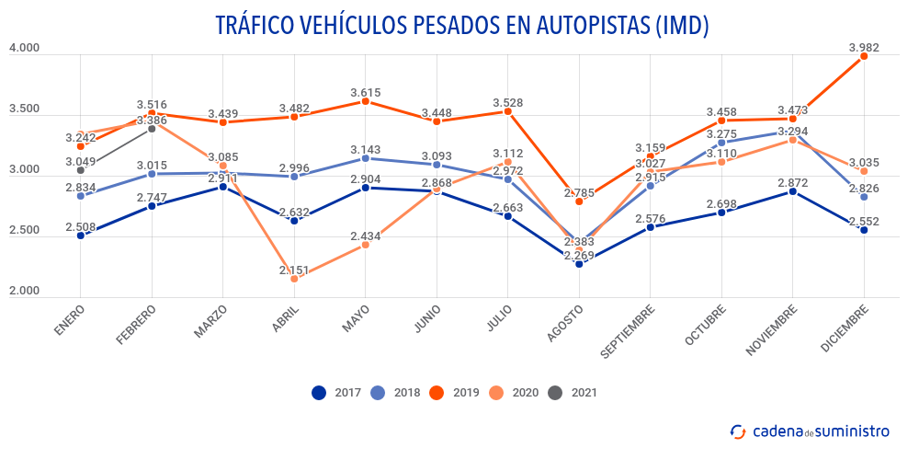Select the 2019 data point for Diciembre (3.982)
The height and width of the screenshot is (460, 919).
864,56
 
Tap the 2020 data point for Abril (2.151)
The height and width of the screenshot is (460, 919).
294,278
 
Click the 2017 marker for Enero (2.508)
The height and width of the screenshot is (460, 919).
81,236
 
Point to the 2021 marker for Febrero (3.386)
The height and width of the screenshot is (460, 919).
152,129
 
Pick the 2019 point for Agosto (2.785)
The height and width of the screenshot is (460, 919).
579,201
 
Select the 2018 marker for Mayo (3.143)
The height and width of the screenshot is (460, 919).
366,158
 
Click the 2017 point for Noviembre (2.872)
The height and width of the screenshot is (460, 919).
792,191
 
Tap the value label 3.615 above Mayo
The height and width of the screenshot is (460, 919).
366,93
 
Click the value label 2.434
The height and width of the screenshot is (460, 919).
366,236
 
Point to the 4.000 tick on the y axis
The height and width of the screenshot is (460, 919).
24,48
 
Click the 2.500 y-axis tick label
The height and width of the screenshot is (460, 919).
24,231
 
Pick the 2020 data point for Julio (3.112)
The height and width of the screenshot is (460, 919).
508,162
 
